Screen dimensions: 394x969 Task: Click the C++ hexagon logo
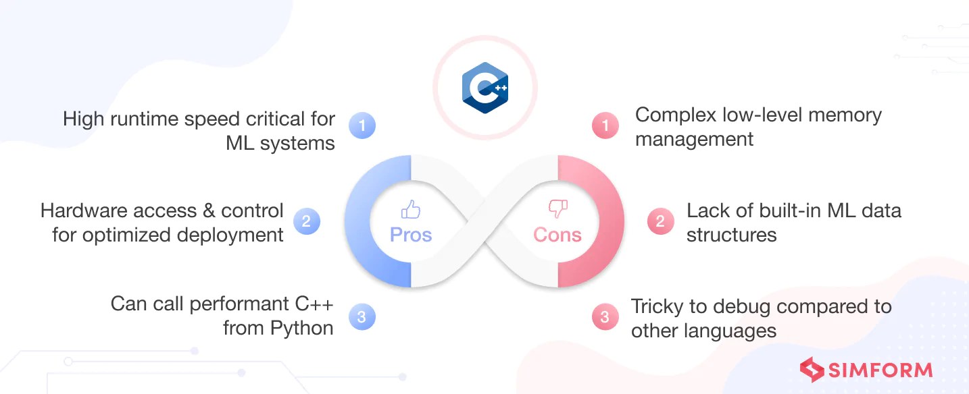(484, 88)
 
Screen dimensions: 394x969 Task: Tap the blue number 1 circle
(362, 125)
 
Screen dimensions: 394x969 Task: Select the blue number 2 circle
(306, 221)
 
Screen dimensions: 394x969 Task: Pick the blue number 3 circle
(362, 316)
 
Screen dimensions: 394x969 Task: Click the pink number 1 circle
(605, 125)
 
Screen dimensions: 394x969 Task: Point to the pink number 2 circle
(660, 221)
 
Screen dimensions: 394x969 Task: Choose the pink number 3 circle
(605, 316)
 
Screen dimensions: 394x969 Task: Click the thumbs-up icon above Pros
(411, 209)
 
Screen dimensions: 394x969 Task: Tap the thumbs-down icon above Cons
(557, 209)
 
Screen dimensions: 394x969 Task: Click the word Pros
(411, 235)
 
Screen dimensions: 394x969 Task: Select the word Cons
(557, 235)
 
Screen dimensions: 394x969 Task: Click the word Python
(301, 329)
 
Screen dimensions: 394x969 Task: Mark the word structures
(731, 235)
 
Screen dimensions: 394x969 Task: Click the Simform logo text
(880, 370)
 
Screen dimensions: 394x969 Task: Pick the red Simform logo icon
(812, 370)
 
